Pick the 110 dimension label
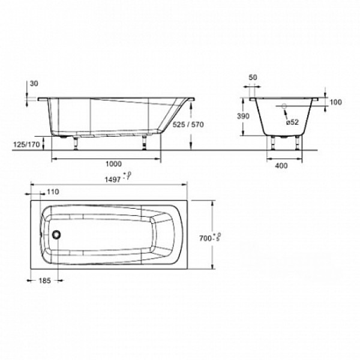point(52,191)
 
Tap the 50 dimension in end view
point(252,78)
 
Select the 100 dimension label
point(335,103)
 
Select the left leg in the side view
point(76,144)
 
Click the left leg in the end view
point(274,143)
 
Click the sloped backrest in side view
point(170,117)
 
